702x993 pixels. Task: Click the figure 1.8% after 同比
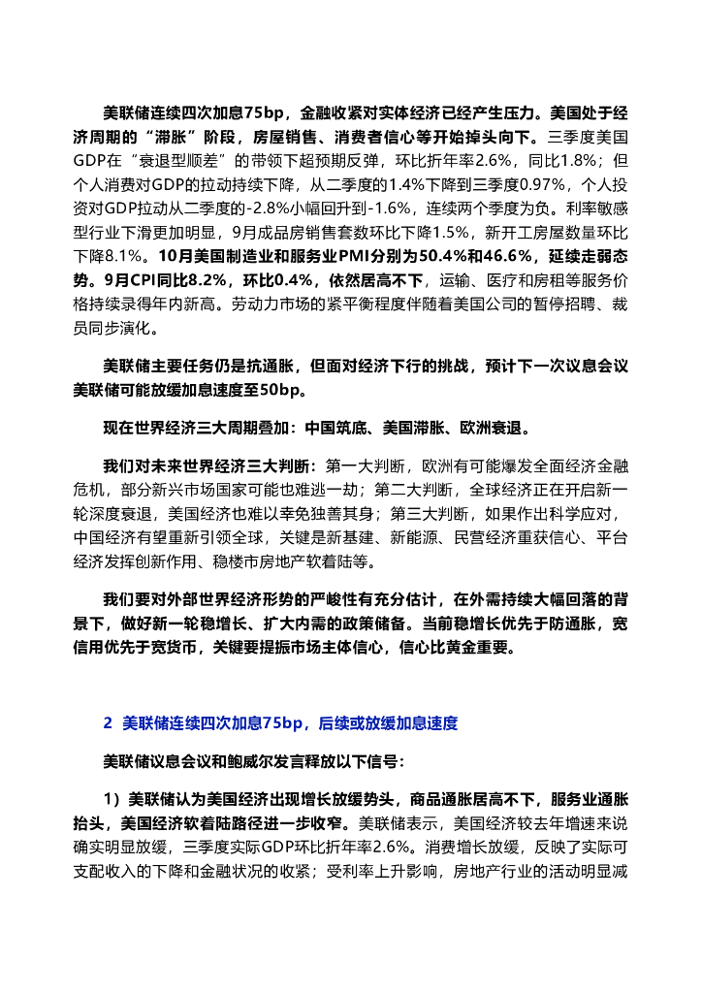point(584,159)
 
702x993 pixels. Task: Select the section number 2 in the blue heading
point(108,723)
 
